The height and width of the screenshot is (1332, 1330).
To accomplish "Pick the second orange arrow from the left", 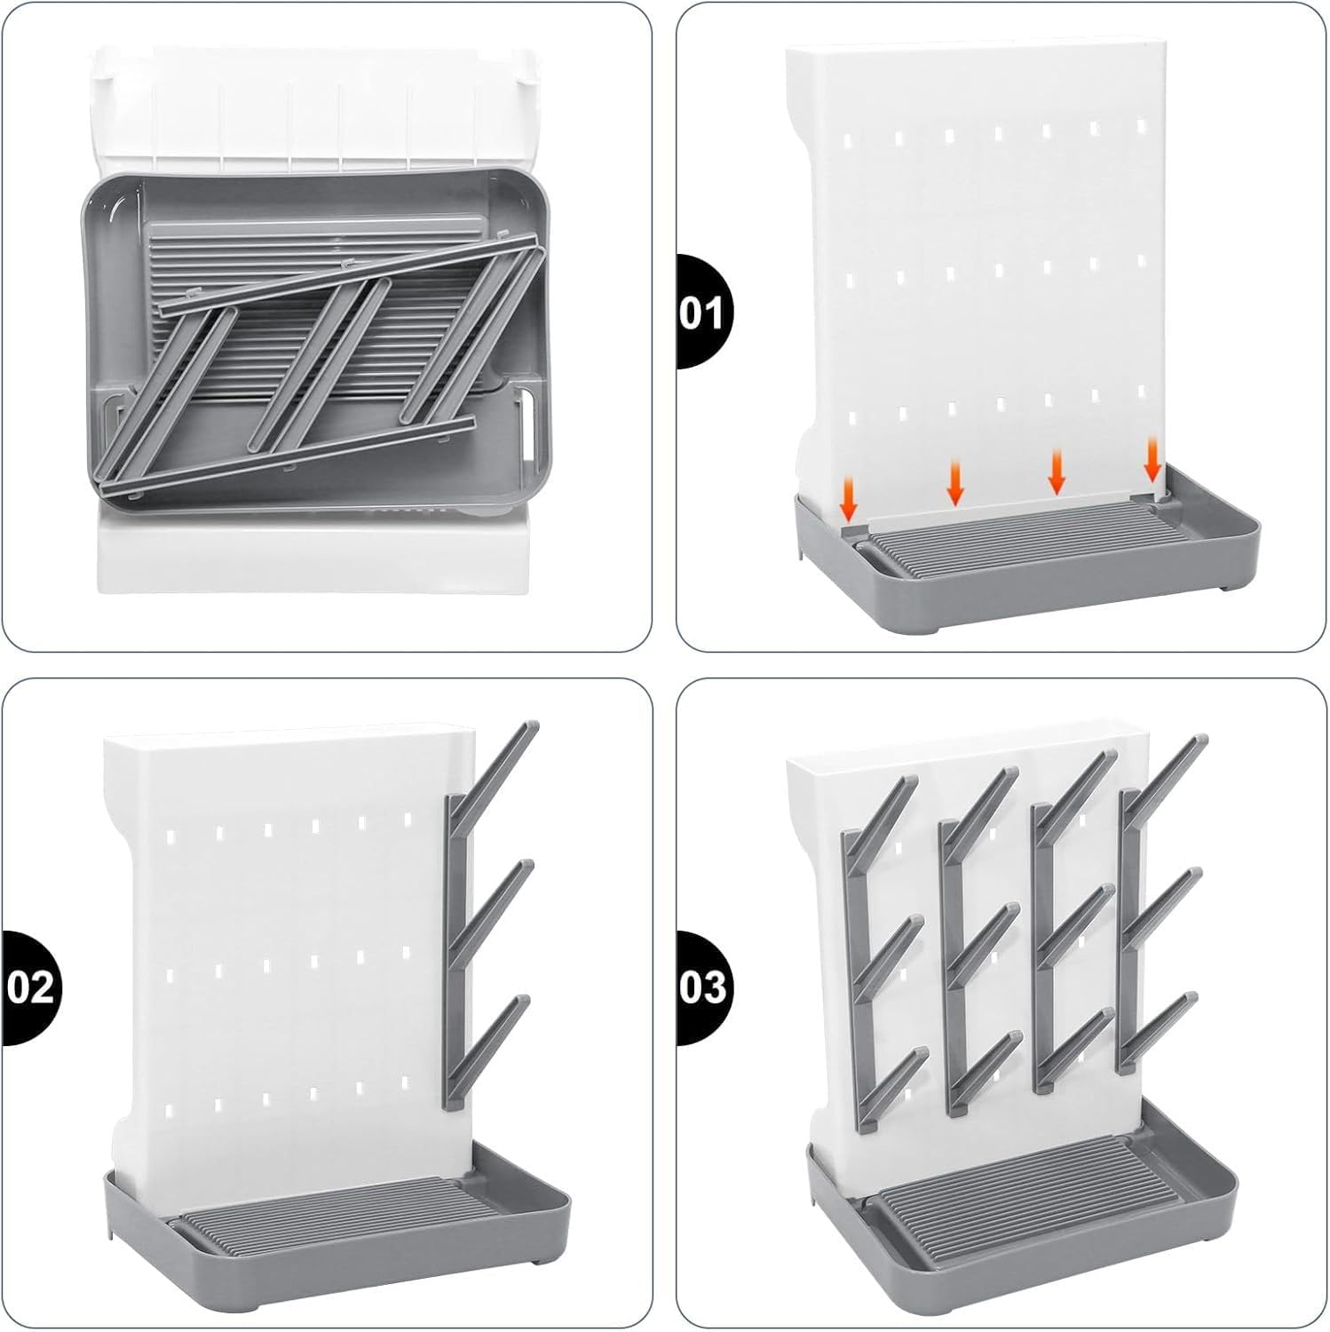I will [x=955, y=481].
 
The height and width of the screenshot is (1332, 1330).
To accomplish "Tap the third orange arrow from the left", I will [x=1056, y=471].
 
